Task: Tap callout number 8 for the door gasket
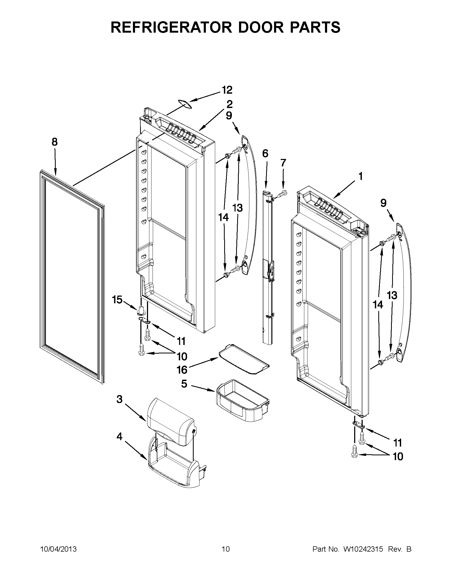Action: click(x=55, y=142)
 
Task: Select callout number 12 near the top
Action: click(x=227, y=90)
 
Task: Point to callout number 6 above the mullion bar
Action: click(x=265, y=154)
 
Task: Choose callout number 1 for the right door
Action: click(x=360, y=176)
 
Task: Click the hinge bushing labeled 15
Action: click(x=141, y=311)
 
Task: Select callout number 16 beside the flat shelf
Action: click(x=182, y=370)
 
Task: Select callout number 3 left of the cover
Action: click(x=119, y=407)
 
